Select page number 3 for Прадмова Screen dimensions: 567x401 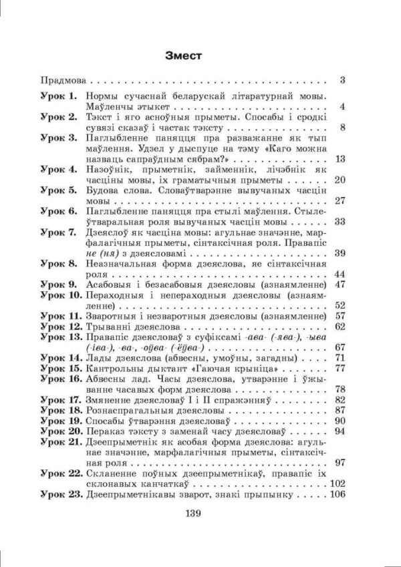(342, 81)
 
